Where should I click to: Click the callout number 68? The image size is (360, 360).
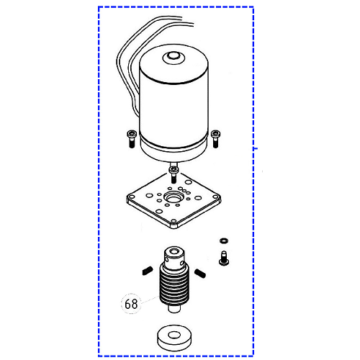pyautogui.click(x=131, y=304)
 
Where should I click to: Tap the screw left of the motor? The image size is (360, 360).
pyautogui.click(x=132, y=139)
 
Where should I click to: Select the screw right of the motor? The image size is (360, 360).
pyautogui.click(x=215, y=139)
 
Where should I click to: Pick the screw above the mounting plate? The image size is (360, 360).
pyautogui.click(x=174, y=174)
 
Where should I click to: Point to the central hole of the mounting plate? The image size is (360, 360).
pyautogui.click(x=173, y=198)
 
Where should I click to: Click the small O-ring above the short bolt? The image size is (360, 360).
pyautogui.click(x=224, y=240)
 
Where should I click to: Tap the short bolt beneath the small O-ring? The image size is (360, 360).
pyautogui.click(x=224, y=258)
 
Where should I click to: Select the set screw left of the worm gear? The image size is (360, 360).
pyautogui.click(x=148, y=271)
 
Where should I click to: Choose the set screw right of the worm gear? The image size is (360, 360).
pyautogui.click(x=200, y=273)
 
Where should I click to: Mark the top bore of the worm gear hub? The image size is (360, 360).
pyautogui.click(x=174, y=251)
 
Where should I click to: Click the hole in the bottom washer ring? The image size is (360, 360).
pyautogui.click(x=175, y=335)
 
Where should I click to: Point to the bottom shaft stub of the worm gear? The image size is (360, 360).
pyautogui.click(x=174, y=308)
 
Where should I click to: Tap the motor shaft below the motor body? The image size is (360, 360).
pyautogui.click(x=174, y=164)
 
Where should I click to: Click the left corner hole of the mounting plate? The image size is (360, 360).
pyautogui.click(x=132, y=197)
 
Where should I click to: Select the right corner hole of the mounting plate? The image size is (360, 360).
pyautogui.click(x=215, y=197)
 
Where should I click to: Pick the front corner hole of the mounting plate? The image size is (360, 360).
pyautogui.click(x=174, y=221)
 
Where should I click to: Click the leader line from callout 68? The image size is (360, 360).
pyautogui.click(x=150, y=300)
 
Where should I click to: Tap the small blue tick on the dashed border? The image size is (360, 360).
pyautogui.click(x=256, y=149)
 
